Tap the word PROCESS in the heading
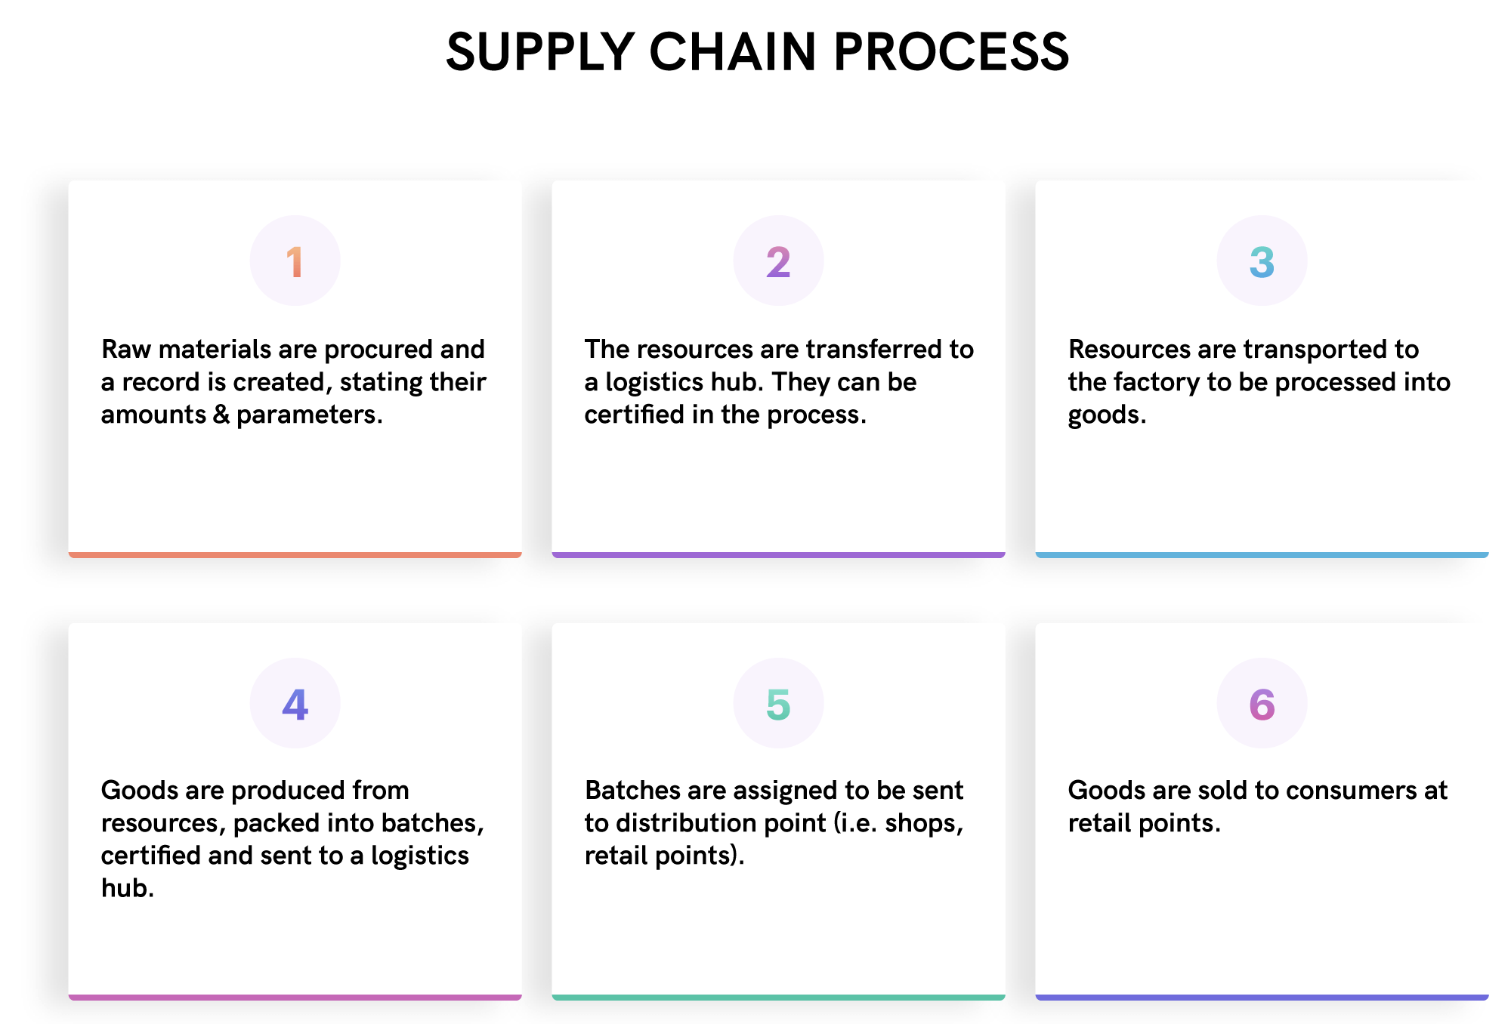952,52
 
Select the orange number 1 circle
295,261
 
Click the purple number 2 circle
778,261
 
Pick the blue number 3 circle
1262,261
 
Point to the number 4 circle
295,703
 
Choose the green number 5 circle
778,703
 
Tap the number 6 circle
1262,703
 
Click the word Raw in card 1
126,350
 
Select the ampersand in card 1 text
221,415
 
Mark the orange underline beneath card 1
295,555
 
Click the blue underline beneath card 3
1262,555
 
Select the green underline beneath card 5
778,998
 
